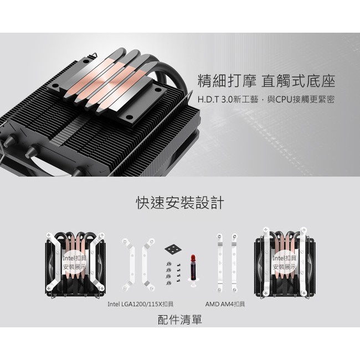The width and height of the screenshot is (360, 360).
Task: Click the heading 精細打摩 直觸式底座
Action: pyautogui.click(x=266, y=81)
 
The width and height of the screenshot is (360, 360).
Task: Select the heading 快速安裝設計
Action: pyautogui.click(x=180, y=203)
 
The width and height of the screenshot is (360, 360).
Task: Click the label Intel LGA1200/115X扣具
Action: pyautogui.click(x=141, y=304)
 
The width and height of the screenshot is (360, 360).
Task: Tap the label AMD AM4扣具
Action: pyautogui.click(x=225, y=304)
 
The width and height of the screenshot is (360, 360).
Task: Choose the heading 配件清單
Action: pyautogui.click(x=180, y=320)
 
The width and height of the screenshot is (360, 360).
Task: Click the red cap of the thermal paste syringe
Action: pyautogui.click(x=193, y=258)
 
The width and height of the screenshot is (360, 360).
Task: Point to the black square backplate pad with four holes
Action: pyautogui.click(x=173, y=249)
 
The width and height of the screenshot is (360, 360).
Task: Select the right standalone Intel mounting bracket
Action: pyautogui.click(x=148, y=265)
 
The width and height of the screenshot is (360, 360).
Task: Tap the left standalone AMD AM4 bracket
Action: pyautogui.click(x=220, y=263)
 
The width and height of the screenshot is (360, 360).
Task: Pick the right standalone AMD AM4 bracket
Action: pyautogui.click(x=234, y=263)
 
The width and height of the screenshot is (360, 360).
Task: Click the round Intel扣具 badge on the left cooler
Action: pyautogui.click(x=75, y=263)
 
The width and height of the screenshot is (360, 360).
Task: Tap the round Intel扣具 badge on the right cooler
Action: pyautogui.click(x=284, y=263)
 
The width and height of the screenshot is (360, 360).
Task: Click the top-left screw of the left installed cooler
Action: pyautogui.click(x=49, y=235)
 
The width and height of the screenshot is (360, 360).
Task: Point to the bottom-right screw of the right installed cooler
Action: pyautogui.click(x=304, y=293)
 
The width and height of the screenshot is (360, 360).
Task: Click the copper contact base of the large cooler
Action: pyautogui.click(x=107, y=82)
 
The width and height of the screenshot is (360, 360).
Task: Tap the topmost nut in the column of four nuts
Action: pyautogui.click(x=169, y=264)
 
